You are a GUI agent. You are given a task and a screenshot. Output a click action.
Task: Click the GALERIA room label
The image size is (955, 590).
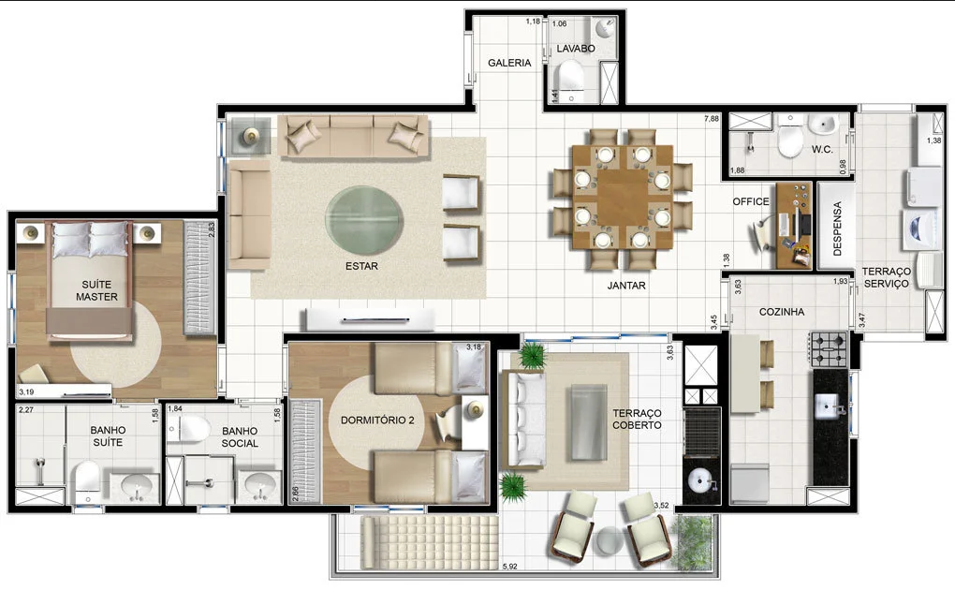[x=509, y=63]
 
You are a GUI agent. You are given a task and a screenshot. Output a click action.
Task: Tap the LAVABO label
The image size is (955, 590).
[x=576, y=48]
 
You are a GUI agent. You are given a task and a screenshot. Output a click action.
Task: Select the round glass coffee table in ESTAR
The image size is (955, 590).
[x=363, y=220]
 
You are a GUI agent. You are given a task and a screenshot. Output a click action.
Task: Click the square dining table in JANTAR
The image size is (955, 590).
[x=623, y=197]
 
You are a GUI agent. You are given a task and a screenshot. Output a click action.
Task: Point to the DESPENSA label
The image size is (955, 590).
[x=837, y=228]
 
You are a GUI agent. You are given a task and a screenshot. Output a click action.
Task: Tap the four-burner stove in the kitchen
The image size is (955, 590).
[x=829, y=350]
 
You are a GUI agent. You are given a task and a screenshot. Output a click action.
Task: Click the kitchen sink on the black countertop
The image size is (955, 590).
[x=829, y=406]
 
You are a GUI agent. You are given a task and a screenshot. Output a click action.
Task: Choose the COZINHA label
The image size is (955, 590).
[x=782, y=312]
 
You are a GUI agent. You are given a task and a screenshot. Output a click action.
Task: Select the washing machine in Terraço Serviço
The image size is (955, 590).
[x=920, y=229]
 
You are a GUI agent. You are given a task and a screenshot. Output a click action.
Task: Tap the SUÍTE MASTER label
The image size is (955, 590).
[x=96, y=290]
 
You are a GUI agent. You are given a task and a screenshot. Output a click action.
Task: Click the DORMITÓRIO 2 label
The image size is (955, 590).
[x=377, y=420]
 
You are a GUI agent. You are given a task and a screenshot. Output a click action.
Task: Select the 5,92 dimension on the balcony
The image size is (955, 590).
[x=509, y=567]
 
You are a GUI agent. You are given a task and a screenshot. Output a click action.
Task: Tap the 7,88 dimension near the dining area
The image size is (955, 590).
[x=712, y=119]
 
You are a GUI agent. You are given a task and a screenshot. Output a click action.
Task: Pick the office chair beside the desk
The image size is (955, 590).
[x=760, y=234]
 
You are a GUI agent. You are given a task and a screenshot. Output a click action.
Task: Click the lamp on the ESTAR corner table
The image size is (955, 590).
[x=250, y=135]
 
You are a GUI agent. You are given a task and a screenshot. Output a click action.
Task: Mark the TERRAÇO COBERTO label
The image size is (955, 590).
[x=637, y=420]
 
